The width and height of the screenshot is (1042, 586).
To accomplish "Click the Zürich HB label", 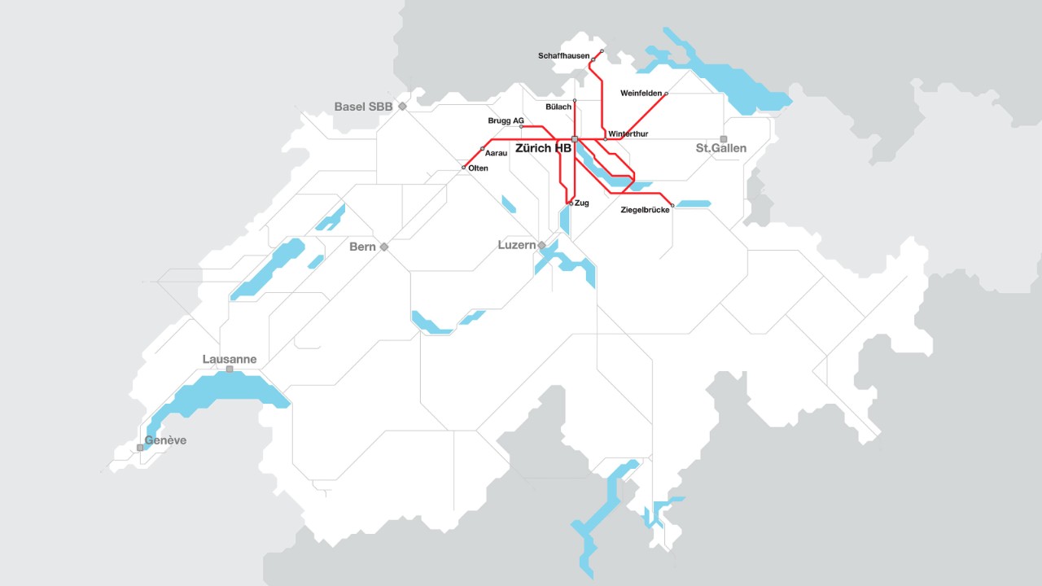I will tap(543, 149).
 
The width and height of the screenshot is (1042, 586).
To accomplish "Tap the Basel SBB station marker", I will tap(402, 107).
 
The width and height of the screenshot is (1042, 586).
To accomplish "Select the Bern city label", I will tap(362, 247).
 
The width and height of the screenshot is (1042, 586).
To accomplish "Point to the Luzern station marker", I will tap(541, 245).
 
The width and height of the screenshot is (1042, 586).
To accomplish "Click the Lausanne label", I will tap(230, 359).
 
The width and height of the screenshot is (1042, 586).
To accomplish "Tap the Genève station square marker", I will tap(140, 447).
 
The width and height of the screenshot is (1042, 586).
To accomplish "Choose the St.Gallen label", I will tap(720, 149).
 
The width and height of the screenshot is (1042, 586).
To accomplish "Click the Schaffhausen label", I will tap(563, 56).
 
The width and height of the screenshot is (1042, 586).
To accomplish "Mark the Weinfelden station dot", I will tap(666, 94).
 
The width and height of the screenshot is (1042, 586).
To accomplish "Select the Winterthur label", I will tap(628, 133).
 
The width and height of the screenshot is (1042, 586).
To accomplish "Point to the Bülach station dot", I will tap(575, 100).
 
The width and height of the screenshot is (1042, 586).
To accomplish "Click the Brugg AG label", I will tap(506, 120).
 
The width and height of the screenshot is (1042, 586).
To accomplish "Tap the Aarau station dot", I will tap(483, 148).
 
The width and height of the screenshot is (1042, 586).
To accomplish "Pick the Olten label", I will tap(479, 168).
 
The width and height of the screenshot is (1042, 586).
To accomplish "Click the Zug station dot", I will tap(570, 203).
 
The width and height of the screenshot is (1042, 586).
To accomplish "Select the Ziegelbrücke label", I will tap(645, 210).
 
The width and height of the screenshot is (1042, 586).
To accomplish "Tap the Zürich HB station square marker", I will tap(575, 139).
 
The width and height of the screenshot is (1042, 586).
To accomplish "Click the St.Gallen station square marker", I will tap(723, 139).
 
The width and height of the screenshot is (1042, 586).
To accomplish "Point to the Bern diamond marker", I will tap(384, 247).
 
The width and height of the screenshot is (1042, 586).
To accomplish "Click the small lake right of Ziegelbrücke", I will tap(694, 203).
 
